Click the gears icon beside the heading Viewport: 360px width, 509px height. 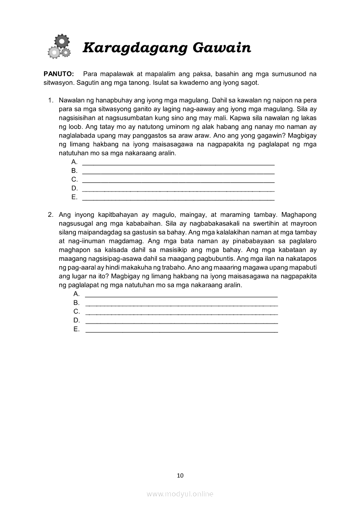pyautogui.click(x=59, y=47)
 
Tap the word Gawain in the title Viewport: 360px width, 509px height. pyautogui.click(x=222, y=47)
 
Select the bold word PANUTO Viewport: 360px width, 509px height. pyautogui.click(x=59, y=74)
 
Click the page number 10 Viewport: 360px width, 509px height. pyautogui.click(x=180, y=475)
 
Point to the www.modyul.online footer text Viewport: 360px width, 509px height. pyautogui.click(x=180, y=494)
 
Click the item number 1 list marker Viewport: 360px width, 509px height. pyautogui.click(x=50, y=100)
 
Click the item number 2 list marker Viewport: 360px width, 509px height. pyautogui.click(x=50, y=215)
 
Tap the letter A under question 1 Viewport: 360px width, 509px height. pyautogui.click(x=74, y=162)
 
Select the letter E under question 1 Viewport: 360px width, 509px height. pyautogui.click(x=74, y=197)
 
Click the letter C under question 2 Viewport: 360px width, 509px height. pyautogui.click(x=77, y=311)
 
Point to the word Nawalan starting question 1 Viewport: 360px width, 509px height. pyautogui.click(x=71, y=100)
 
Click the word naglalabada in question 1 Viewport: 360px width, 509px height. pyautogui.click(x=76, y=135)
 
